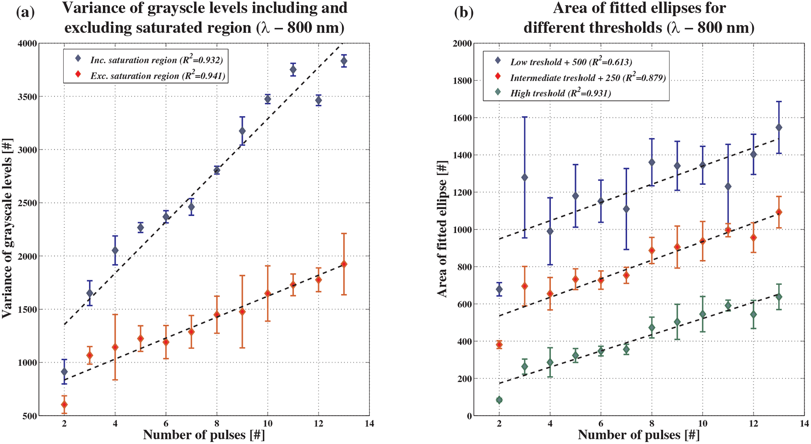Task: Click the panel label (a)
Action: pos(25,12)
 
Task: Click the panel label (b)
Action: pos(464,12)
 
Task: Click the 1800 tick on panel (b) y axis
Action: pos(463,81)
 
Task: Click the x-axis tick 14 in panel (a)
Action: pos(369,424)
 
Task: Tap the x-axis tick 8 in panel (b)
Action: pos(652,424)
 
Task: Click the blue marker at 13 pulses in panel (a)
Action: pos(344,61)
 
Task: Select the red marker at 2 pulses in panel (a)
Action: pos(64,405)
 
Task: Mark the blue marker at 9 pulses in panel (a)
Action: pos(242,131)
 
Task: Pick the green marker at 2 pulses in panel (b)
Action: pos(499,400)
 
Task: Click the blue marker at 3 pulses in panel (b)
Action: pos(524,178)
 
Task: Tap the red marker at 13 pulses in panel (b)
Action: pos(779,212)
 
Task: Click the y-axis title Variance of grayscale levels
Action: pos(7,229)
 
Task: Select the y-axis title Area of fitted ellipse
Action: pos(442,229)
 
